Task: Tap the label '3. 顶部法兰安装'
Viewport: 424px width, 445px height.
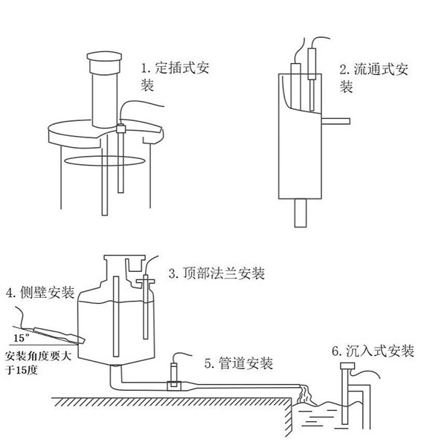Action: coord(216,273)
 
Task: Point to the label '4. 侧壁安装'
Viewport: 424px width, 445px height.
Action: coord(39,292)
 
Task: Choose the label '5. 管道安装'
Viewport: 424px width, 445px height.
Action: coord(238,363)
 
